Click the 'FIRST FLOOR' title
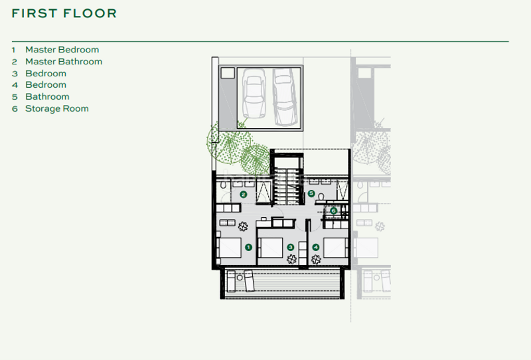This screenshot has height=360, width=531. (64, 13)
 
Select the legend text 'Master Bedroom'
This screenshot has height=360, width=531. (62, 50)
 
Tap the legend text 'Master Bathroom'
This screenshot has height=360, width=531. (64, 62)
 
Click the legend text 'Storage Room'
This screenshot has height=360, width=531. (56, 108)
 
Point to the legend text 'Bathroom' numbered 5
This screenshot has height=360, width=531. (47, 97)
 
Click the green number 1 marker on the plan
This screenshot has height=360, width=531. (248, 246)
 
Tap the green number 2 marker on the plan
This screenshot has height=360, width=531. (244, 195)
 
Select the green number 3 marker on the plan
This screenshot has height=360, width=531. (290, 247)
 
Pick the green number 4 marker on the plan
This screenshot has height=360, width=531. (316, 247)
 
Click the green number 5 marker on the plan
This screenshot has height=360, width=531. (311, 193)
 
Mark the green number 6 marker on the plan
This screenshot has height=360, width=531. (333, 211)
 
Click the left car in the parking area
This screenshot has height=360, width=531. (254, 96)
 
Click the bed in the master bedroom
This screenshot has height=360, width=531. (230, 247)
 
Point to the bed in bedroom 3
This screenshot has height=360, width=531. (270, 247)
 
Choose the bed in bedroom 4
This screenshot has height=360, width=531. (337, 247)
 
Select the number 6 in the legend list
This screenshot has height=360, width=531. (14, 108)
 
